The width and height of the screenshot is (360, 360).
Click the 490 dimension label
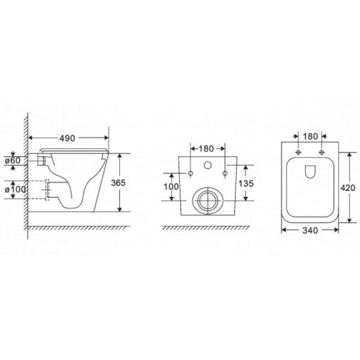[67, 138]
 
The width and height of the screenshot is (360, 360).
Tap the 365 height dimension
[118, 183]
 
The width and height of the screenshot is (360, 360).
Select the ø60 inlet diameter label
[13, 160]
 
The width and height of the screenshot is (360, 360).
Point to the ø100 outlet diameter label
[15, 189]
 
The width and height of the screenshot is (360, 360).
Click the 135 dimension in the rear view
[246, 184]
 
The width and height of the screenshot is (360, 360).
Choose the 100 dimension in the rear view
[171, 187]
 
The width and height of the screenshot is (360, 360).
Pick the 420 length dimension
[348, 188]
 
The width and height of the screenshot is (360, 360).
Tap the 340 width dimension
[310, 230]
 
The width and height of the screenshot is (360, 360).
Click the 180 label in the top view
[310, 136]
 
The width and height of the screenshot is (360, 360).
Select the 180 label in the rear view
[206, 149]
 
